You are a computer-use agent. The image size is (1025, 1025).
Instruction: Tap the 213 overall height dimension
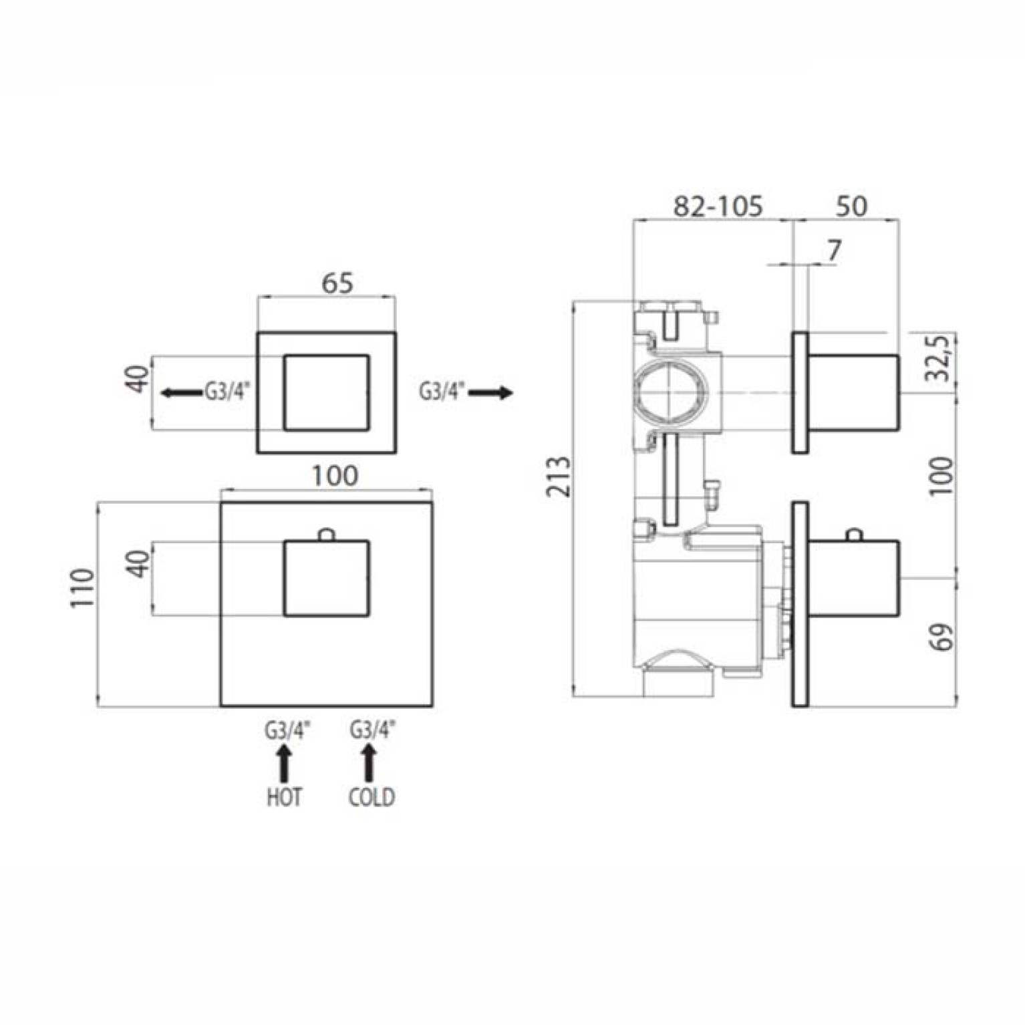click(559, 476)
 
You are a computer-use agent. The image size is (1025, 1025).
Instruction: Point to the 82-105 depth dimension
click(718, 206)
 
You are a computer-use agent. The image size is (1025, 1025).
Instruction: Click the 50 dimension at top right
click(851, 206)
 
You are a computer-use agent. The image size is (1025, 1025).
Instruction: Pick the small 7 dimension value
click(834, 251)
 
